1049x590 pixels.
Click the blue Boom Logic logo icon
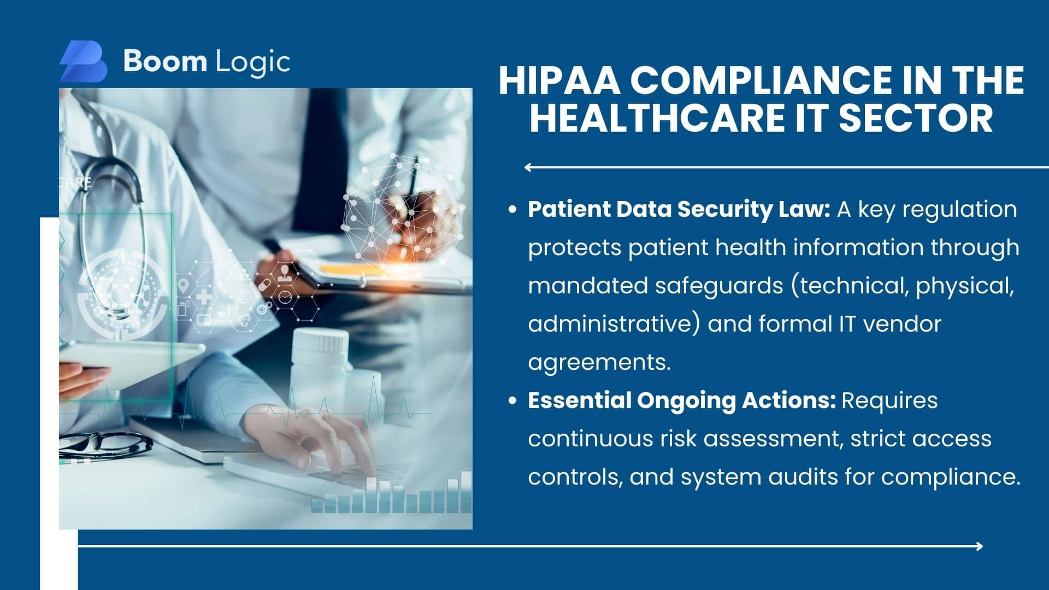click(83, 61)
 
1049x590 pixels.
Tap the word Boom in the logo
click(165, 61)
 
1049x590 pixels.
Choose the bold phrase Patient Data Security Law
click(679, 210)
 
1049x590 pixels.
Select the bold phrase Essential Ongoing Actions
click(682, 401)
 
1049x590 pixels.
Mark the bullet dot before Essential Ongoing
click(512, 400)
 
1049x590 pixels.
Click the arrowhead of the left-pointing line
click(528, 167)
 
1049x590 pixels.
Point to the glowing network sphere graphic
click(403, 208)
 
